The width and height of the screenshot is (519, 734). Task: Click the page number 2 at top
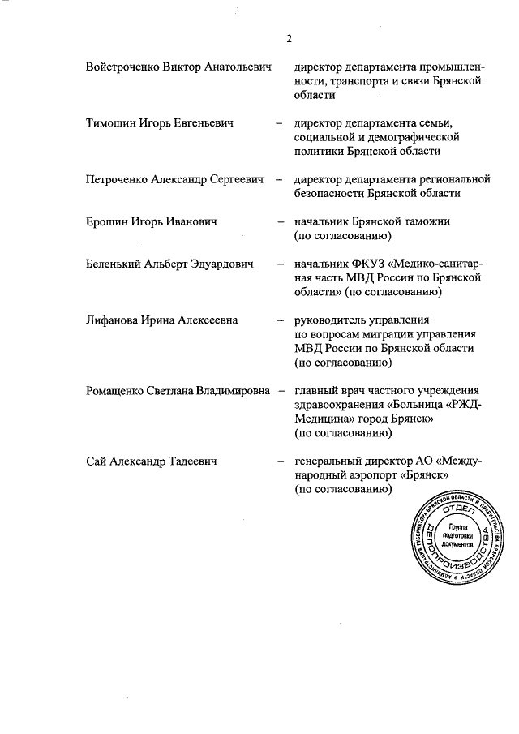[x=289, y=39]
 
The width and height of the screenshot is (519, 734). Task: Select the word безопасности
[x=330, y=194]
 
